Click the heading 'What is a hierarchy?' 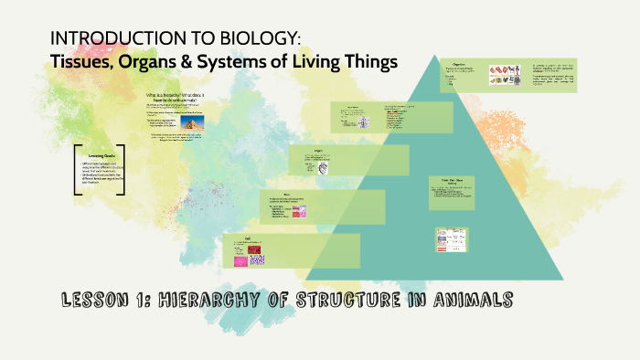[171, 94]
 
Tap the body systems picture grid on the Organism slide [504, 74]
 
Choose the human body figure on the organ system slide [363, 122]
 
